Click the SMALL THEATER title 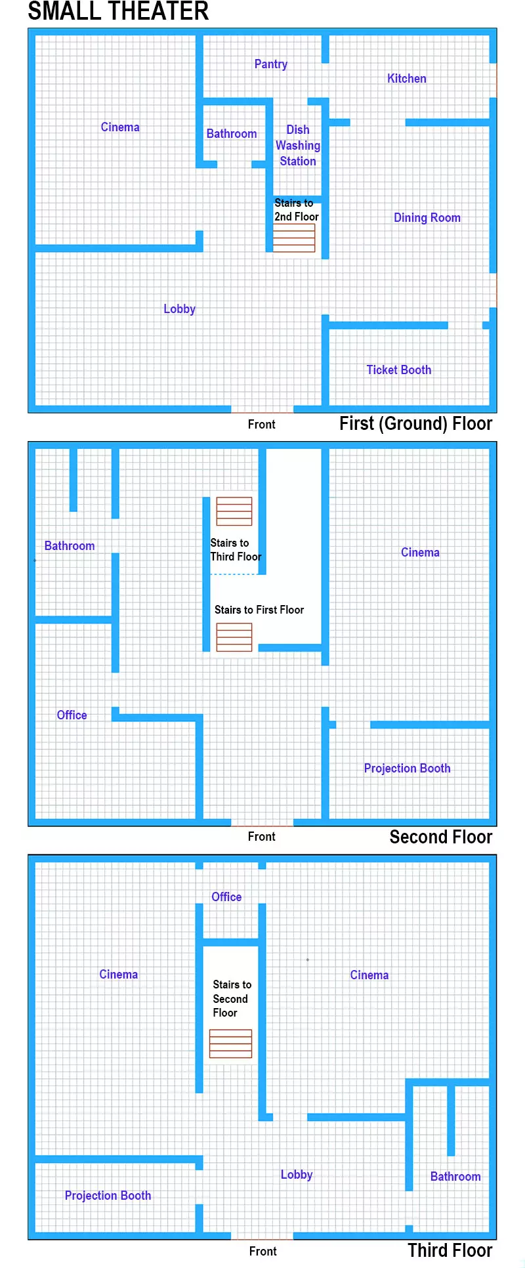coord(118,11)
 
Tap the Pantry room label coord(271,64)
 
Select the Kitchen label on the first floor coord(407,79)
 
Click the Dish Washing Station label coord(298,146)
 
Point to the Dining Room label coord(427,218)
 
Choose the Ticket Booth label coord(399,370)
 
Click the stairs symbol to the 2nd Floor coord(294,238)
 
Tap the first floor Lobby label coord(180,309)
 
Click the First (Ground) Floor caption coord(416,424)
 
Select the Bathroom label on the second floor coord(70,546)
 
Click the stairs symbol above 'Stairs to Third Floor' coord(234,511)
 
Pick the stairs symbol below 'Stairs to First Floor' coord(234,637)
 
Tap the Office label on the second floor coord(72,715)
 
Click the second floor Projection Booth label coord(408,769)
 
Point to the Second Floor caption coord(441,837)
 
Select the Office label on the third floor coord(226,897)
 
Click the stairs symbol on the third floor coord(231,1044)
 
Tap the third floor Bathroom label coord(455,1177)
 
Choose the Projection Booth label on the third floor coord(108,1196)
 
